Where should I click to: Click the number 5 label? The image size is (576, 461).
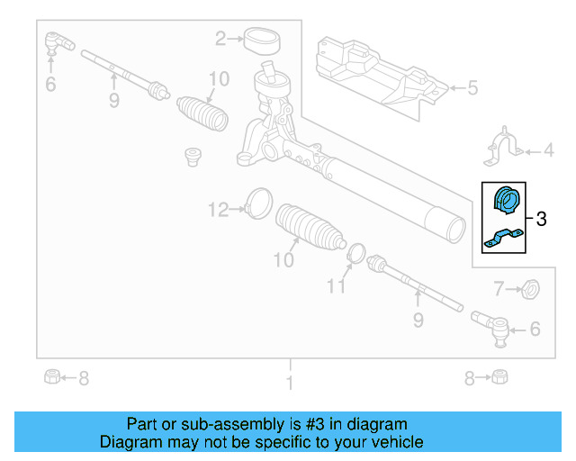472,87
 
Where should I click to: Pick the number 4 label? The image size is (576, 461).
547,150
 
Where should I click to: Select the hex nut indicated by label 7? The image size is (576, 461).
531,289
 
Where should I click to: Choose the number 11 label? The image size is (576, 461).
336,287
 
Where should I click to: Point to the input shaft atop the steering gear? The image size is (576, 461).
268,70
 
